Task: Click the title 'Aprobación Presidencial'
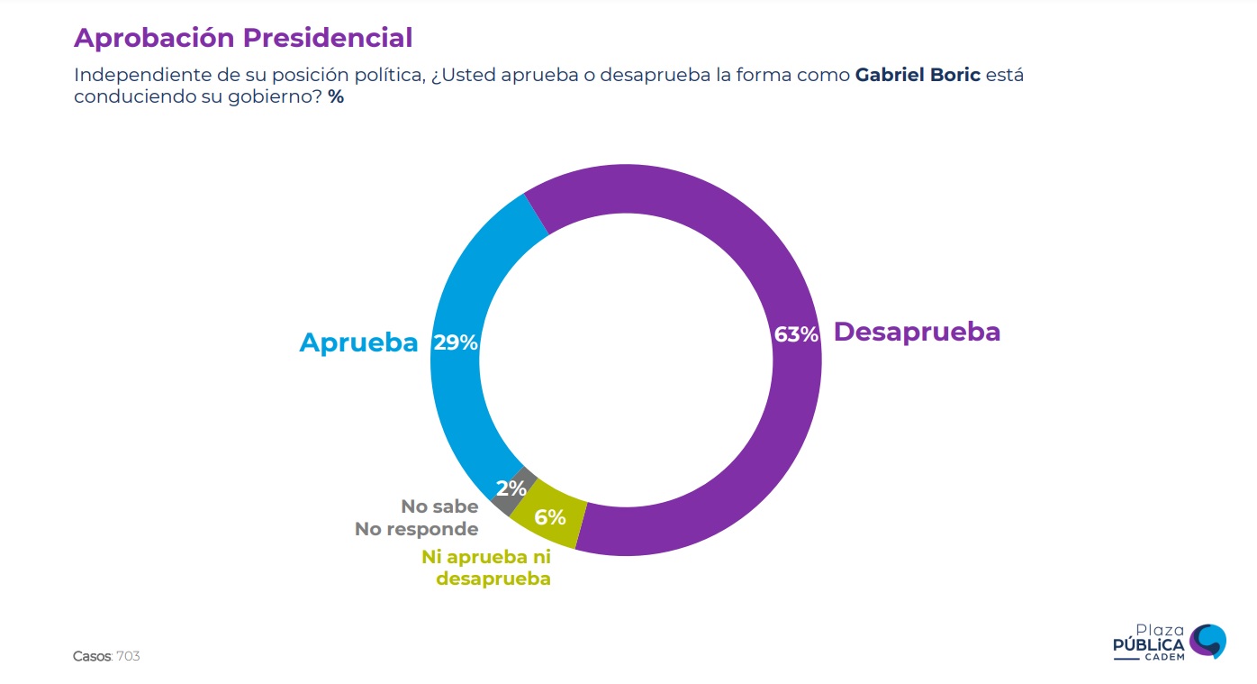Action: (x=242, y=38)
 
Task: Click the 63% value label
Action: (x=796, y=335)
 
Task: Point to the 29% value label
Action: (x=456, y=343)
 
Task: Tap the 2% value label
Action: (x=511, y=488)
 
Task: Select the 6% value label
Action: (x=550, y=517)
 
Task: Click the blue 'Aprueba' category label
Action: (x=358, y=343)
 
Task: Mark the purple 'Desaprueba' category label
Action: (x=917, y=332)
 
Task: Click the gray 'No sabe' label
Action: (x=439, y=507)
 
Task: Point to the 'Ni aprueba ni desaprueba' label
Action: (x=486, y=568)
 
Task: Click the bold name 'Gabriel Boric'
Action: (x=918, y=75)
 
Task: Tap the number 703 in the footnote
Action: (x=129, y=656)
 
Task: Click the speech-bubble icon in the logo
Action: (x=1207, y=641)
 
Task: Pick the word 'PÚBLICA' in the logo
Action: (x=1149, y=645)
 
